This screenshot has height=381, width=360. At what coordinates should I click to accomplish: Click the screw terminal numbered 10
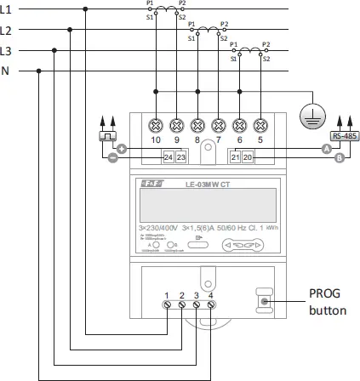click(x=155, y=123)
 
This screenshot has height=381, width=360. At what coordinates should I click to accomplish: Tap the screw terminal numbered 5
click(x=260, y=123)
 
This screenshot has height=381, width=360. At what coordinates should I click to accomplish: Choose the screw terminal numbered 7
click(x=219, y=123)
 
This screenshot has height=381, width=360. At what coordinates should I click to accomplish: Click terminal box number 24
click(x=168, y=157)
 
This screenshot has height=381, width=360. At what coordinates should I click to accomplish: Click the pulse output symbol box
click(x=107, y=136)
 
